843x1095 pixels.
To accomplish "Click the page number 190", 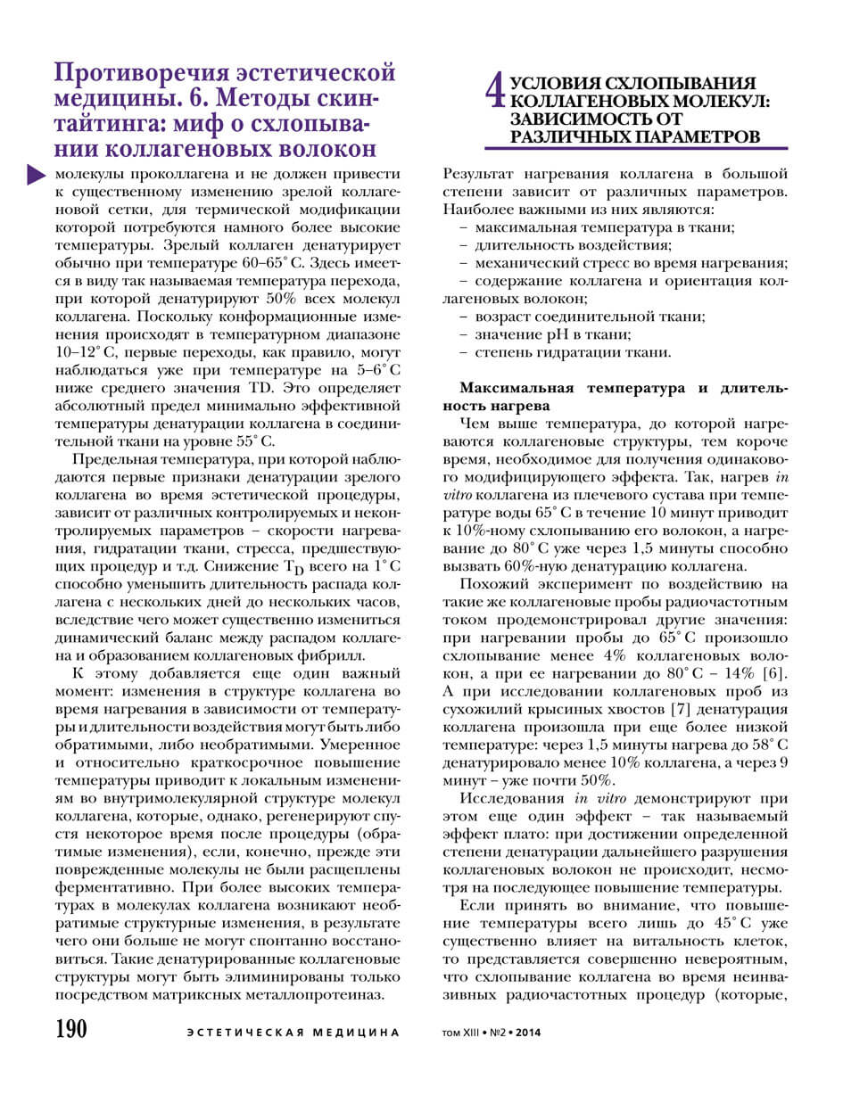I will click(x=71, y=1029).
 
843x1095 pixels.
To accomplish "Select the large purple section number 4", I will click(x=496, y=93).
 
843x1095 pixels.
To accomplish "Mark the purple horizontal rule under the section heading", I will click(x=636, y=148).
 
